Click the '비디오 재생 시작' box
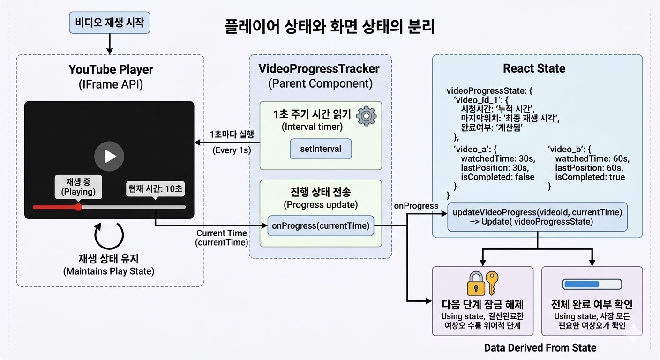[x=110, y=23]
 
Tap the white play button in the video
[x=109, y=156]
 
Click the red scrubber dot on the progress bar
[x=78, y=207]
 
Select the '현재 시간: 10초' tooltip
[x=156, y=189]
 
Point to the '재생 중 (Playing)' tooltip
[x=78, y=187]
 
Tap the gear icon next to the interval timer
[x=366, y=116]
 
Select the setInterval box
[x=321, y=150]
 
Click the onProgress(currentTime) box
[x=321, y=226]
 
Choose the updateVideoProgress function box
[x=537, y=217]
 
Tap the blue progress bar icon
[x=592, y=284]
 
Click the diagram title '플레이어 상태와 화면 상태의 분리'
[x=330, y=27]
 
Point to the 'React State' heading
[x=534, y=68]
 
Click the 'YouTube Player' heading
[x=111, y=70]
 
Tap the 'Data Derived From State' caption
[x=540, y=348]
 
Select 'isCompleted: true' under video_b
[x=590, y=177]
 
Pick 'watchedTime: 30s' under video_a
[x=495, y=159]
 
